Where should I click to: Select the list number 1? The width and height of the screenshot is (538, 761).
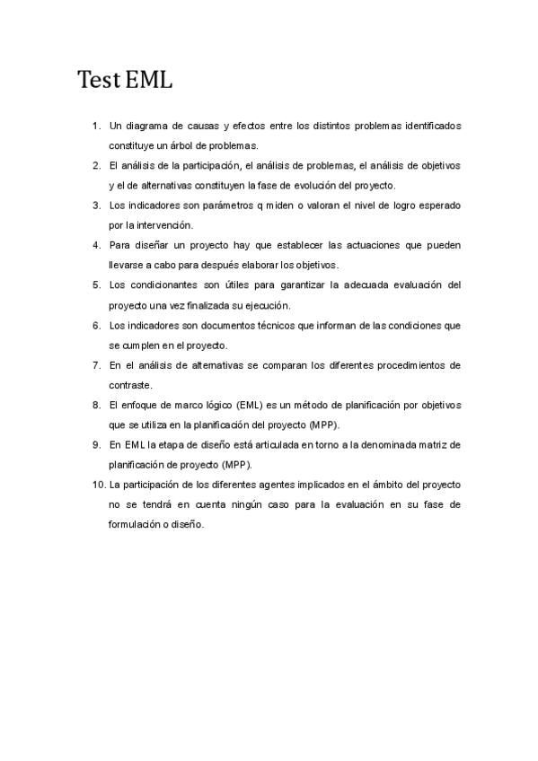pos(96,126)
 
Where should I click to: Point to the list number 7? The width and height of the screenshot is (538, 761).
pos(96,365)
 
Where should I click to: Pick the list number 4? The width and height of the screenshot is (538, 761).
pos(96,245)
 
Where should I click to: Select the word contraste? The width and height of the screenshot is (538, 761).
pos(130,385)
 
